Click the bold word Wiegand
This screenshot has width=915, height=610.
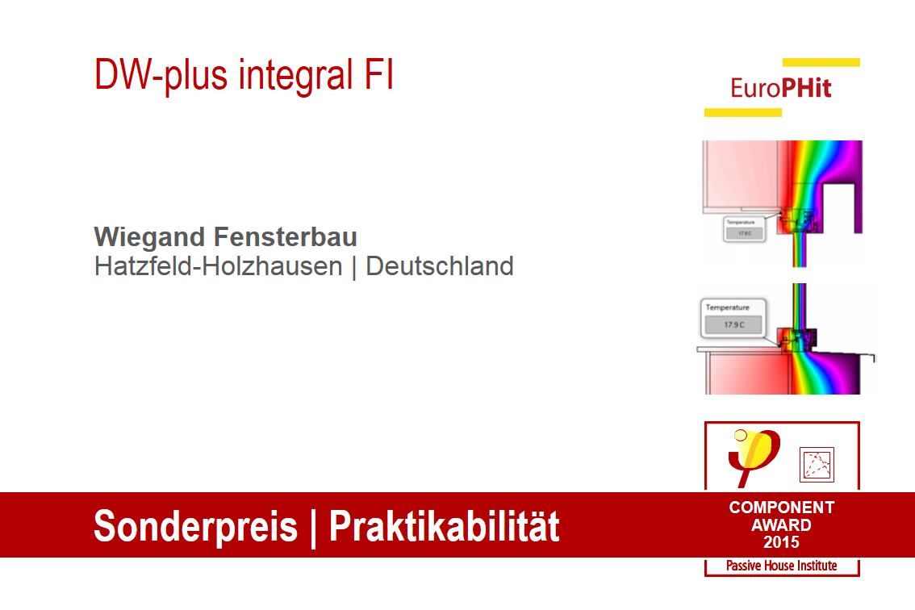click(x=150, y=237)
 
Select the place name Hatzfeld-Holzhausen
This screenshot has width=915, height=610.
click(x=218, y=266)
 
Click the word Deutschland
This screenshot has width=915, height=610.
click(x=440, y=266)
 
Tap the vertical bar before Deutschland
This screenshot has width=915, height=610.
click(x=354, y=267)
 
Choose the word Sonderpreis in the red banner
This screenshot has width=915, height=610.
click(x=195, y=526)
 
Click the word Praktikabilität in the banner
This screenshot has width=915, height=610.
click(x=444, y=526)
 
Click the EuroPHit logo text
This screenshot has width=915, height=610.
click(x=780, y=88)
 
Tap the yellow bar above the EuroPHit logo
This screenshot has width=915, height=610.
click(x=821, y=62)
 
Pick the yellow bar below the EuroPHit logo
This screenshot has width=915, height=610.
click(x=742, y=112)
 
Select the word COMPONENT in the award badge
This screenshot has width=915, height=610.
click(x=781, y=508)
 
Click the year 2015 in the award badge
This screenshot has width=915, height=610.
click(x=781, y=542)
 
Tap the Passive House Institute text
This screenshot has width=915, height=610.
click(x=781, y=566)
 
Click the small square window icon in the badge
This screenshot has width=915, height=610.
click(x=816, y=464)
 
